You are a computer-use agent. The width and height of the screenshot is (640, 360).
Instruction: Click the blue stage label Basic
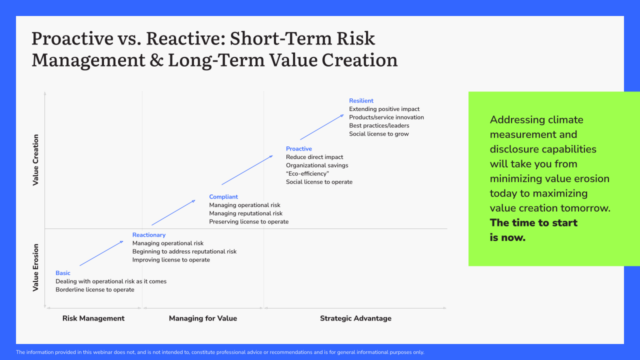click(x=63, y=273)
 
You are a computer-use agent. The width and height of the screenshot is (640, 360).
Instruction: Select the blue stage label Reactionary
click(x=148, y=235)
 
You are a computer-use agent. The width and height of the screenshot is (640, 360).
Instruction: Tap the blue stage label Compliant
click(x=224, y=197)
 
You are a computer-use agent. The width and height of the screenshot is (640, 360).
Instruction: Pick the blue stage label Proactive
click(x=299, y=149)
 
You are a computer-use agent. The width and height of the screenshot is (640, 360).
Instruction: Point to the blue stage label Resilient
click(x=361, y=101)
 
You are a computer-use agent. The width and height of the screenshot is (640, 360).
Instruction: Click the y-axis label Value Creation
click(x=37, y=160)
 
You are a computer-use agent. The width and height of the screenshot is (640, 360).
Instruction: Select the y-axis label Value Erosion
click(x=37, y=268)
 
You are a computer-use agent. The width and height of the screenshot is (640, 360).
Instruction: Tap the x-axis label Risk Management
click(x=93, y=318)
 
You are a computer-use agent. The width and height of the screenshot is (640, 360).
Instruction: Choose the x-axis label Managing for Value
click(x=202, y=318)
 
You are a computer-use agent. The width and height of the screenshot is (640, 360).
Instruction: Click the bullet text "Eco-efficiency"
click(x=310, y=174)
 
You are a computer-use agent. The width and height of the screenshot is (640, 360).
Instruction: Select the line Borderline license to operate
click(x=96, y=290)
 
